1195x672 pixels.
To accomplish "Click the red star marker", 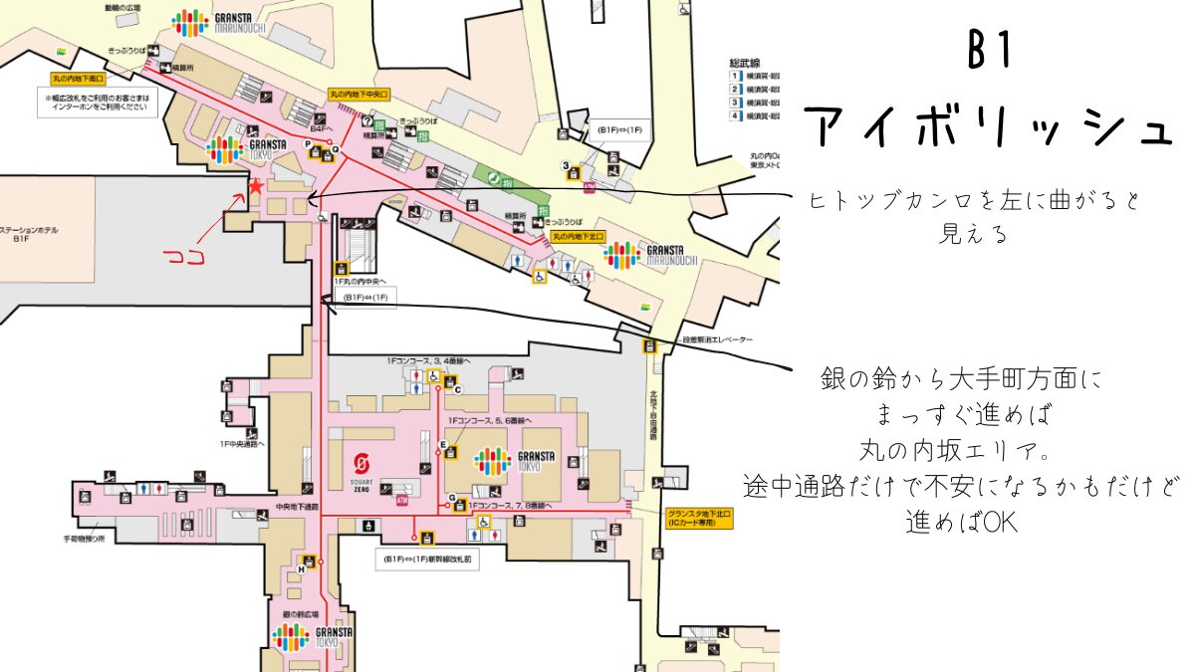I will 256,186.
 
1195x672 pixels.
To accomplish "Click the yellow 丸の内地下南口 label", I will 79,77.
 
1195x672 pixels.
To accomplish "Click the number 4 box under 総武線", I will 736,116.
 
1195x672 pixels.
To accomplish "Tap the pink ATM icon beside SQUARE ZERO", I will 402,500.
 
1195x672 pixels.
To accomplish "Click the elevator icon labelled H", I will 309,564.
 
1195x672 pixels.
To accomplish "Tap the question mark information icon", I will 367,122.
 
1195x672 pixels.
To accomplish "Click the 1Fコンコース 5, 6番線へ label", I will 487,420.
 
